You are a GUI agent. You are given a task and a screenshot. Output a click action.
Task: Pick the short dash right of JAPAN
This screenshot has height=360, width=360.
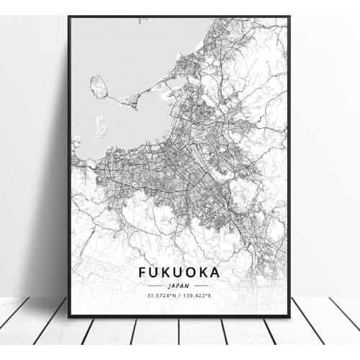(202, 285)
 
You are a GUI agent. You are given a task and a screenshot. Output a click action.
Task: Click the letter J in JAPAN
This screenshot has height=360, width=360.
(169, 285)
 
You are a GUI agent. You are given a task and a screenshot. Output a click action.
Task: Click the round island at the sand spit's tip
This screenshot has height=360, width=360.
(99, 87)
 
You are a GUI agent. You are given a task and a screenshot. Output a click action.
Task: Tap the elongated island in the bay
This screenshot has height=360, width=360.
(100, 127)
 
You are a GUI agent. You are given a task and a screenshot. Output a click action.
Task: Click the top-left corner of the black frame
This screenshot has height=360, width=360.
(69, 17)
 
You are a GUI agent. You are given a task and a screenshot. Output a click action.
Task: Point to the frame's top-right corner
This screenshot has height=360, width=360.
(289, 17)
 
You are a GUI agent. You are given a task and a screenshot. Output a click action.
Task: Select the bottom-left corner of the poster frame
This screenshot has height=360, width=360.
(69, 316)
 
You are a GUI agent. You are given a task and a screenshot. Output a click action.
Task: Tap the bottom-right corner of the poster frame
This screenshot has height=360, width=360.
(289, 316)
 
